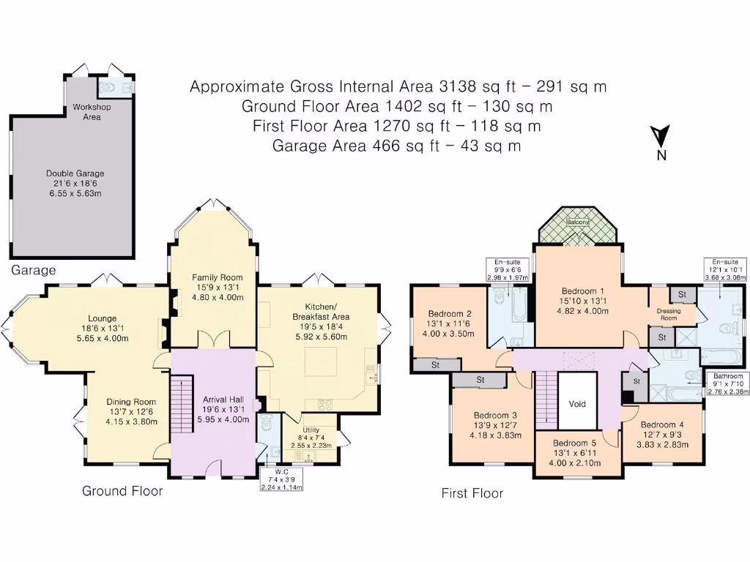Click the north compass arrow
(661, 137)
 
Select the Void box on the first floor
(577, 403)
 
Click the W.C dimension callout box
(282, 479)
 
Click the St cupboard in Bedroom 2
(435, 364)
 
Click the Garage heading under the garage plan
(33, 270)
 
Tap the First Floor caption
(472, 493)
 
